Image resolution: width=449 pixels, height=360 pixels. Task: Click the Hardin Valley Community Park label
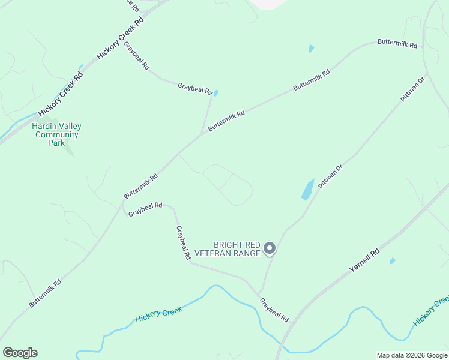56,135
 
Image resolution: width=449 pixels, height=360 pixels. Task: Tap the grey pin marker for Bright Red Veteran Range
270,248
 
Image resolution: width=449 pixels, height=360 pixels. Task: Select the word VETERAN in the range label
238,253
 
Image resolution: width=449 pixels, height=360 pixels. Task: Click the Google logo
20,353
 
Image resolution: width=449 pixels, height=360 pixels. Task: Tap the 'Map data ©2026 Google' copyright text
411,355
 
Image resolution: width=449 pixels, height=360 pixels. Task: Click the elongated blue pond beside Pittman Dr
307,189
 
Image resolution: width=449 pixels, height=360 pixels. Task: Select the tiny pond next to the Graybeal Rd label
215,93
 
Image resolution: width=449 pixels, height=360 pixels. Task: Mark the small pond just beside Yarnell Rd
392,261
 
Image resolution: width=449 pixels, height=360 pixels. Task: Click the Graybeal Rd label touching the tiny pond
195,89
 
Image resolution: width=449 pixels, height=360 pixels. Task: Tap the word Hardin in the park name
43,127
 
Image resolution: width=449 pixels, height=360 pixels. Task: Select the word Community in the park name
57,135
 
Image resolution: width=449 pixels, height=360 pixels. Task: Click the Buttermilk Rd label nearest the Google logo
45,293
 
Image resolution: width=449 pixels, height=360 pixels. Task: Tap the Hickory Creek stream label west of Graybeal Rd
158,314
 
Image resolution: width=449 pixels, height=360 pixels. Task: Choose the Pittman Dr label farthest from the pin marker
413,88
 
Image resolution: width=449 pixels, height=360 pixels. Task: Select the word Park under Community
56,143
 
